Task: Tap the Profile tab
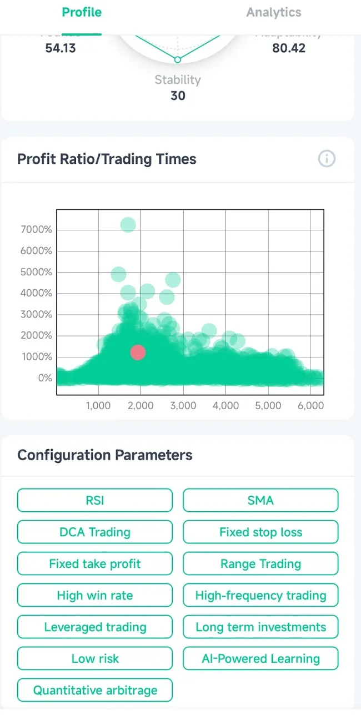pyautogui.click(x=82, y=13)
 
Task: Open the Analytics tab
pyautogui.click(x=274, y=13)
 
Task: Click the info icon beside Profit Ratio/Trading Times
pyautogui.click(x=327, y=159)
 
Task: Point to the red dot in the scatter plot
pyautogui.click(x=138, y=353)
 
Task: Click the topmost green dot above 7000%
pyautogui.click(x=128, y=225)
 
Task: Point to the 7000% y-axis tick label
pyautogui.click(x=36, y=230)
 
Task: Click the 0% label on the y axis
pyautogui.click(x=44, y=378)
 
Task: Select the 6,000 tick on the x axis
pyautogui.click(x=310, y=406)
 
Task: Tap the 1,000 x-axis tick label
pyautogui.click(x=98, y=406)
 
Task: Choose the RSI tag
pyautogui.click(x=95, y=501)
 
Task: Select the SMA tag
pyautogui.click(x=260, y=501)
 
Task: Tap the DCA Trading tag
pyautogui.click(x=95, y=532)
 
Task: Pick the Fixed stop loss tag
pyautogui.click(x=260, y=532)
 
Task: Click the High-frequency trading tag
pyautogui.click(x=260, y=596)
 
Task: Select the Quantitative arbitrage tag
pyautogui.click(x=95, y=691)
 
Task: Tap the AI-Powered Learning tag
pyautogui.click(x=260, y=659)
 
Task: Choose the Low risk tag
pyautogui.click(x=95, y=659)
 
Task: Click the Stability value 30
pyautogui.click(x=178, y=95)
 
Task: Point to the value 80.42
pyautogui.click(x=289, y=48)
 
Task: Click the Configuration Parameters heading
pyautogui.click(x=105, y=455)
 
